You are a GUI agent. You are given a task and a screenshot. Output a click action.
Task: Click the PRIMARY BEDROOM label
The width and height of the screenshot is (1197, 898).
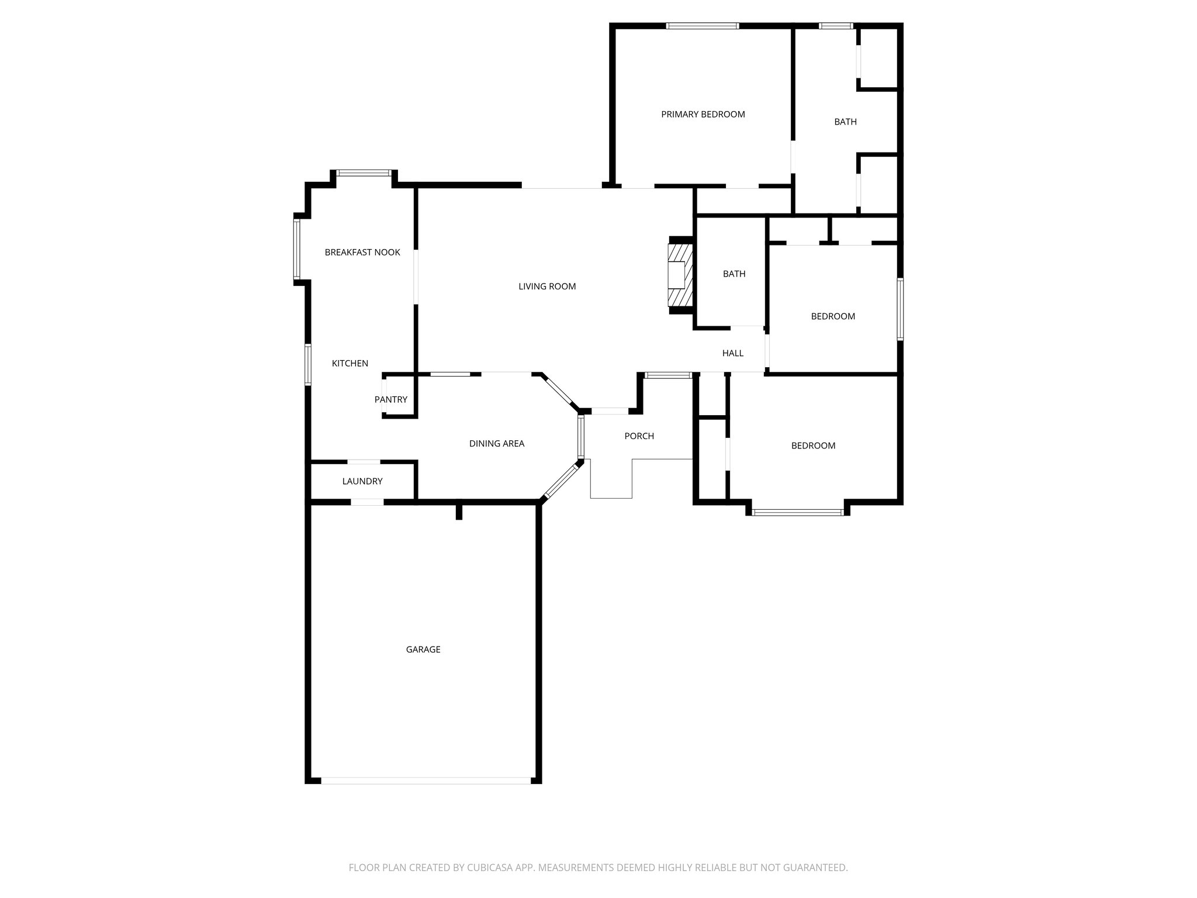[703, 115]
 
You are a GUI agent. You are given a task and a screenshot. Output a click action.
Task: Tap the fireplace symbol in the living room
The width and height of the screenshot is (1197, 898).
[680, 275]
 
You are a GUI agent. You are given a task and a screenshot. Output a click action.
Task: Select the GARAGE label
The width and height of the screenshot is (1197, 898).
[423, 650]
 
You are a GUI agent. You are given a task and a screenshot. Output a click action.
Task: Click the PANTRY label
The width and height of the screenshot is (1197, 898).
[390, 400]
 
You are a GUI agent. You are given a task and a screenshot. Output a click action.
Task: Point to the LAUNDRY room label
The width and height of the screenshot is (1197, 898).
[362, 482]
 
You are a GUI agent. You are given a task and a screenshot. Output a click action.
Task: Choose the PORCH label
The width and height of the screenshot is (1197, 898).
[639, 436]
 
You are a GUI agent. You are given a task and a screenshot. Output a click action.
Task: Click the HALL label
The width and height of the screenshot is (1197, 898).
[732, 353]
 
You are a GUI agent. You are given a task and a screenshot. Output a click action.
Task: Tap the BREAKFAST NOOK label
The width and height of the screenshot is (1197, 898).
[362, 253]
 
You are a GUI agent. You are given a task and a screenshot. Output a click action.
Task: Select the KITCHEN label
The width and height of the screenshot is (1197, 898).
[350, 364]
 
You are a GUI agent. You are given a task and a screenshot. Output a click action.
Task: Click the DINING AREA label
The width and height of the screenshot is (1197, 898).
[497, 444]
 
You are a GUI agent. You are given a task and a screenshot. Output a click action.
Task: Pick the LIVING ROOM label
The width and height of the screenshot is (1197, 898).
[547, 286]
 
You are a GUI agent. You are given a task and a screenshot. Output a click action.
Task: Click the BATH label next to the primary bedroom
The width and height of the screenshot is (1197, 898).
[845, 122]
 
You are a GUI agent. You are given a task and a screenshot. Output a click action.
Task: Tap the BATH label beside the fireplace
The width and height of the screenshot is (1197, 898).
[734, 274]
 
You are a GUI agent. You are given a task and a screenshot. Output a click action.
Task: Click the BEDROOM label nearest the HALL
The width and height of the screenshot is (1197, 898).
[833, 316]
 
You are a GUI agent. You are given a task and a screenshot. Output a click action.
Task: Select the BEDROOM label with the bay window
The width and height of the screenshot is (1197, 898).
[813, 445]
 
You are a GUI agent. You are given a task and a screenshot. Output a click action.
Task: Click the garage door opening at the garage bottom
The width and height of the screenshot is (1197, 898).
[425, 780]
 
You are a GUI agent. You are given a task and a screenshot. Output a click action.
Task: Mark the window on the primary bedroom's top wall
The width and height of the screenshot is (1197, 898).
[703, 26]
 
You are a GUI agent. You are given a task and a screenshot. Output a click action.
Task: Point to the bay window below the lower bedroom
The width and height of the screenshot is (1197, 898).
[797, 513]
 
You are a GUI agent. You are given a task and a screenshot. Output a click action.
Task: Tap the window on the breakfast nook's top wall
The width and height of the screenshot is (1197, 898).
[364, 173]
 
